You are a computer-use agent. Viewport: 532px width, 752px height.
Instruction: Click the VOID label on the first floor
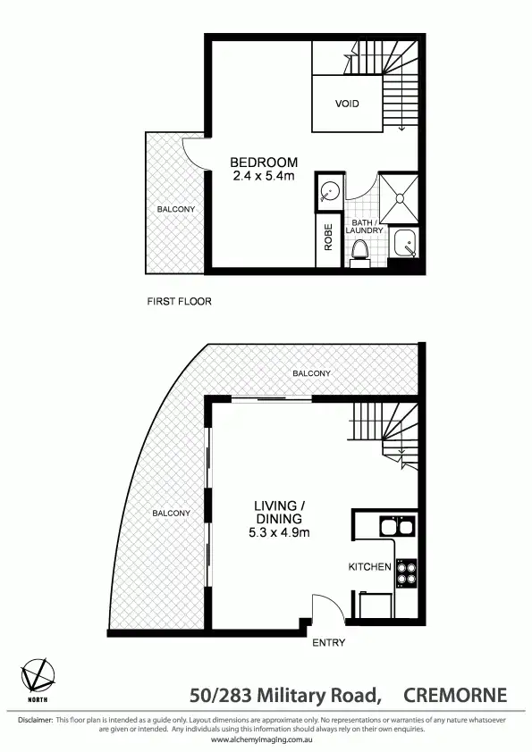pos(347,104)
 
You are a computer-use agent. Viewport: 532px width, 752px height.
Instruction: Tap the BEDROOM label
pos(264,163)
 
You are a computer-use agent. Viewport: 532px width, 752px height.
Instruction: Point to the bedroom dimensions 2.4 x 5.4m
pos(264,176)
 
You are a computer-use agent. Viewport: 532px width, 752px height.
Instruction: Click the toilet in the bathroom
pos(360,250)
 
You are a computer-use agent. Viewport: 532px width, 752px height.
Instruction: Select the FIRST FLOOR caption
pos(179,302)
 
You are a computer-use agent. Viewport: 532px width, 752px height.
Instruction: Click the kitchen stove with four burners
pos(407,572)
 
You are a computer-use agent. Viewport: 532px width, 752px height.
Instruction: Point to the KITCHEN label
pos(369,567)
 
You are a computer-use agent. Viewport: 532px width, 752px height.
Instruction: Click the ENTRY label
pos(327,642)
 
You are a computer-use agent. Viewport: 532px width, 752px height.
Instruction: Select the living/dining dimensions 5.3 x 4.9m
pos(279,533)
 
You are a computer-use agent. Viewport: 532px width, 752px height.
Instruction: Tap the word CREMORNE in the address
pos(455,695)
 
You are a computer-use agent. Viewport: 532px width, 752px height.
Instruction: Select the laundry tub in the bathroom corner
pos(405,244)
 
